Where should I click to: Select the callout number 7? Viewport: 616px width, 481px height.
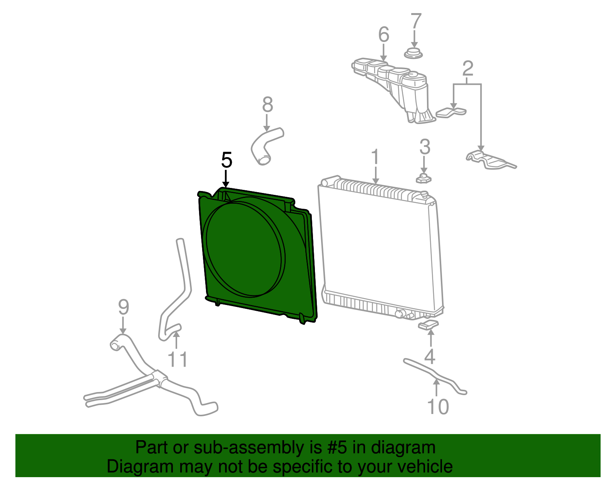pos(416,22)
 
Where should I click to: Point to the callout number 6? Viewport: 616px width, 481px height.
pos(383,35)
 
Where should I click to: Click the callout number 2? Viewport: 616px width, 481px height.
pos(467,69)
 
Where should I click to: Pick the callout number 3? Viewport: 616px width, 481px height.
pos(424,147)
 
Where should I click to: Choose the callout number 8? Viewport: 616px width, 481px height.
pos(267,105)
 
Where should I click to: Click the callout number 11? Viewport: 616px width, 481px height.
pos(177,359)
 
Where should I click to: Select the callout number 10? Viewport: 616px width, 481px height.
pos(438,407)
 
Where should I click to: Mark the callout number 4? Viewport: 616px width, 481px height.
pos(430,356)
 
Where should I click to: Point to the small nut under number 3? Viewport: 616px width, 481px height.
pos(423,178)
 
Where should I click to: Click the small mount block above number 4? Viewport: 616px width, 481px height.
pos(428,325)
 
